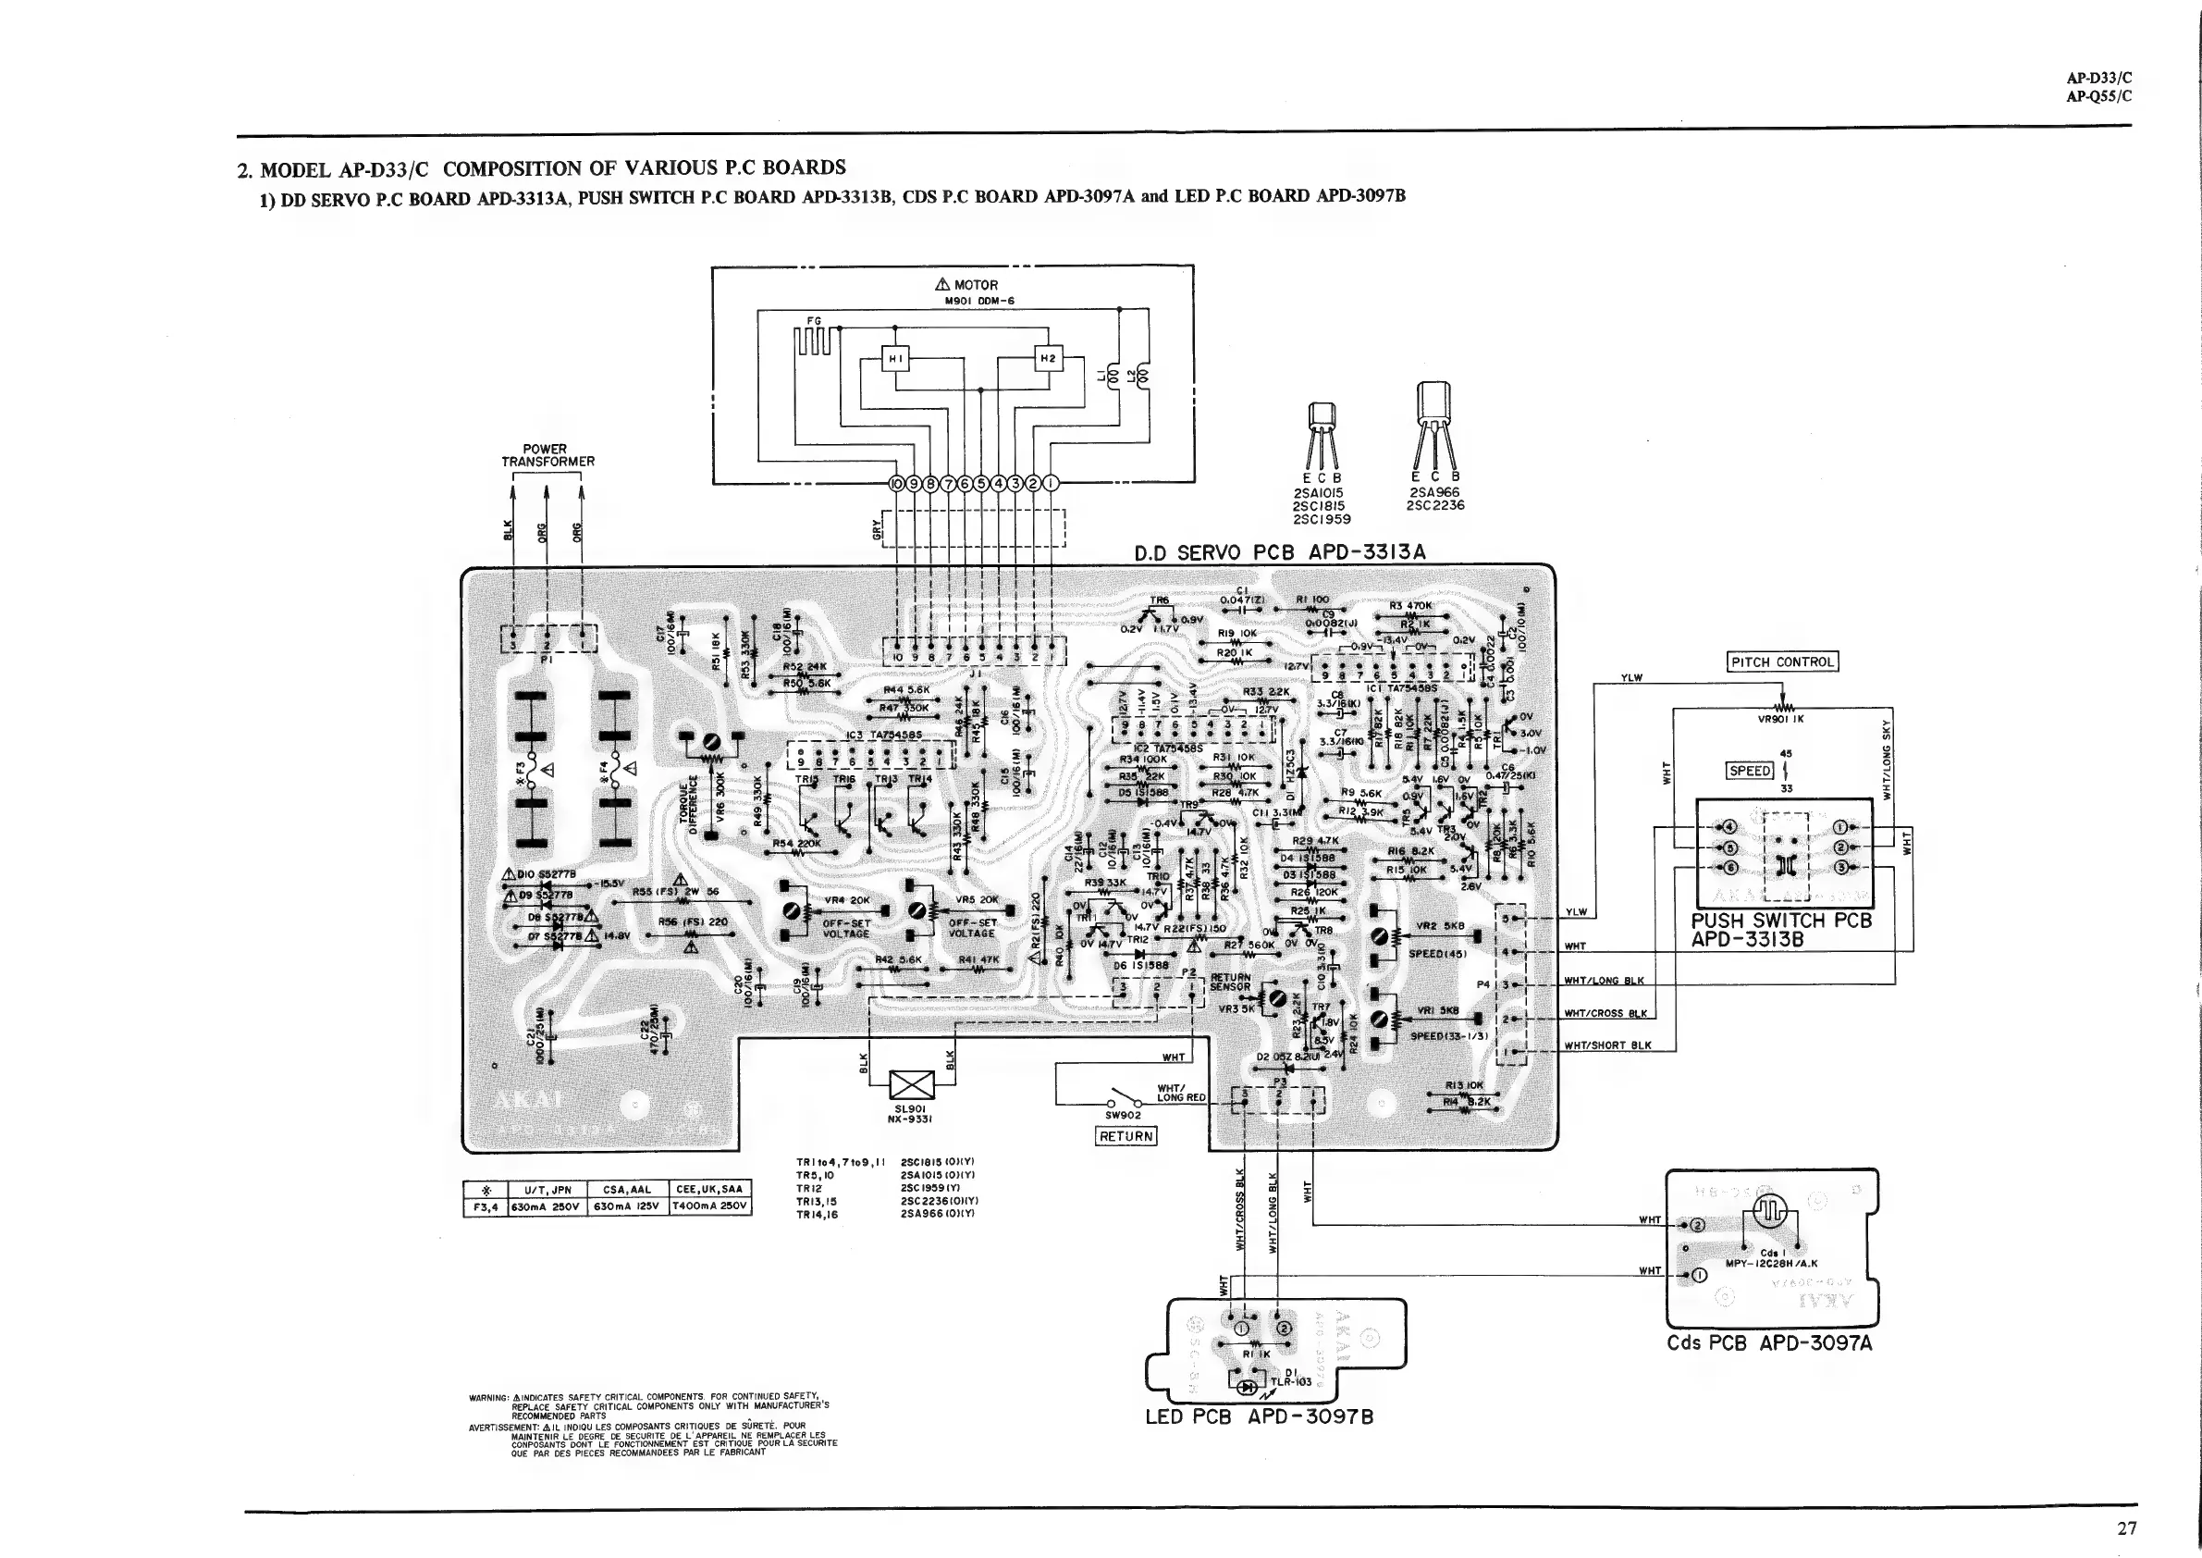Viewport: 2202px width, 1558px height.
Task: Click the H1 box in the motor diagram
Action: (896, 359)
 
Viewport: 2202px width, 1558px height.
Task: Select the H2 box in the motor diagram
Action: (1048, 359)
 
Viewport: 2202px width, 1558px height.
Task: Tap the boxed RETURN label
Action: (1126, 1137)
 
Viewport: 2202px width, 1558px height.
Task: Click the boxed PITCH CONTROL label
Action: (1783, 662)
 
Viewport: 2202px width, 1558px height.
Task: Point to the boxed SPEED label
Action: (1750, 771)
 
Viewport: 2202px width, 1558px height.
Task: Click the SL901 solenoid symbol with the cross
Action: (911, 1085)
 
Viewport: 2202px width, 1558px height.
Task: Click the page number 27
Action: (2126, 1528)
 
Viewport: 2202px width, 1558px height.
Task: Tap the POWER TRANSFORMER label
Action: (547, 455)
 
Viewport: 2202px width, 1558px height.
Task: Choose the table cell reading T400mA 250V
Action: (710, 1206)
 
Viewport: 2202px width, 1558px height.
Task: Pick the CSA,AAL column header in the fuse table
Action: (627, 1190)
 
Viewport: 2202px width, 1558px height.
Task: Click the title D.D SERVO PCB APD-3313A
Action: (1279, 551)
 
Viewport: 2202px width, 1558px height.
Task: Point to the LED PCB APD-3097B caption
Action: (1260, 1417)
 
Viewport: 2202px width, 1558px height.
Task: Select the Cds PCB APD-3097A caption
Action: (1768, 1343)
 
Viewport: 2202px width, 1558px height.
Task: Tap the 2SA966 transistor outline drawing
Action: (1433, 422)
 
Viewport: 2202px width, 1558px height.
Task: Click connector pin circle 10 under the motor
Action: (897, 483)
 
